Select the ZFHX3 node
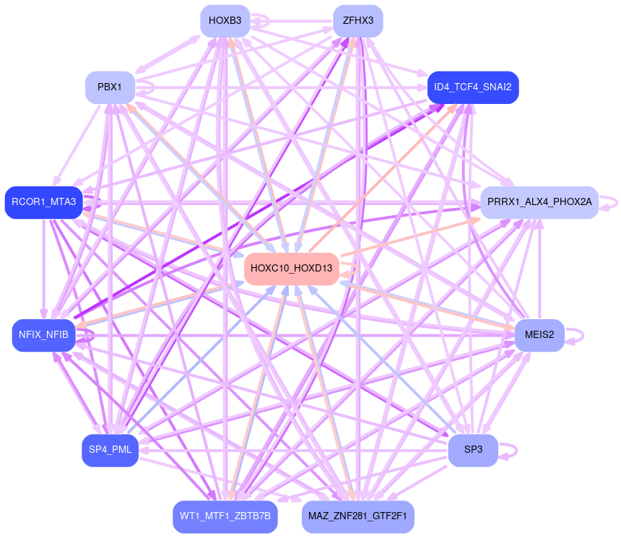[357, 20]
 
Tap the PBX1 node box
[109, 87]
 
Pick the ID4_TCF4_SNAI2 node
[472, 87]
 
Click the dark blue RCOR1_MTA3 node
[43, 201]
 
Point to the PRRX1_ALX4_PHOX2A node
[539, 202]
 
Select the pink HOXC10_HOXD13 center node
[291, 269]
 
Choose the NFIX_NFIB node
[43, 335]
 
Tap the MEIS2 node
[539, 334]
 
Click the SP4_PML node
[110, 450]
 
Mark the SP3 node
[472, 450]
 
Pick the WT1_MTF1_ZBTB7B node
[225, 516]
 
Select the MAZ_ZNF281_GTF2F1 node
[357, 516]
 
